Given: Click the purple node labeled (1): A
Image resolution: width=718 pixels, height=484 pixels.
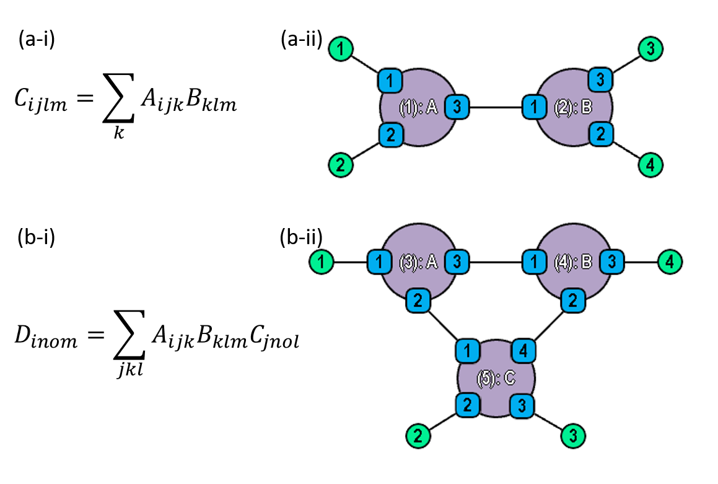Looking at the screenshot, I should pyautogui.click(x=418, y=107).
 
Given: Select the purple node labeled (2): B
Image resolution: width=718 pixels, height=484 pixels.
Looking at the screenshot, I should pyautogui.click(x=573, y=107).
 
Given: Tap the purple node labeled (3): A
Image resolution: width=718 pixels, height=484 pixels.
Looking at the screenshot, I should pyautogui.click(x=418, y=262).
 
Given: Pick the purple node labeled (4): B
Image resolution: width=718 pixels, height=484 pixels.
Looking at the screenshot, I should pyautogui.click(x=573, y=262).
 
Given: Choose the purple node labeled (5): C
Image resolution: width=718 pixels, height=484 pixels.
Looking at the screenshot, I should pyautogui.click(x=496, y=378).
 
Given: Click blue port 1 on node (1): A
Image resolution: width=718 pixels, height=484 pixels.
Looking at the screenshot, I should pyautogui.click(x=390, y=81).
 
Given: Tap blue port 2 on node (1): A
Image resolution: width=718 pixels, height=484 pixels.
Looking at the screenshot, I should pyautogui.click(x=391, y=134).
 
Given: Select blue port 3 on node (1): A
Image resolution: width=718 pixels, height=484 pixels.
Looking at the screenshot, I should pyautogui.click(x=457, y=107).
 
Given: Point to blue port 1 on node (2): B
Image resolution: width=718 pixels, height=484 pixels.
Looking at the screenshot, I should pyautogui.click(x=535, y=107).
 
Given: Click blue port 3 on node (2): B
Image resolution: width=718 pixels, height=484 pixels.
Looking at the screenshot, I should pyautogui.click(x=600, y=80).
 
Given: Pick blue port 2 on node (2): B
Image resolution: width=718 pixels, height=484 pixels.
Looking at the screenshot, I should pyautogui.click(x=600, y=134).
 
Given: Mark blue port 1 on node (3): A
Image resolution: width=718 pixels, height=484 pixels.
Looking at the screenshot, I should pyautogui.click(x=380, y=262).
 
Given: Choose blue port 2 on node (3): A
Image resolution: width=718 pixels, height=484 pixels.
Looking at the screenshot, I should pyautogui.click(x=418, y=301).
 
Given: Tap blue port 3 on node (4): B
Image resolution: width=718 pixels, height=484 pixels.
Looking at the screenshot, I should pyautogui.click(x=611, y=262).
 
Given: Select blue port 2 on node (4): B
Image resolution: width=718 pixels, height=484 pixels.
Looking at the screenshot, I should pyautogui.click(x=573, y=301).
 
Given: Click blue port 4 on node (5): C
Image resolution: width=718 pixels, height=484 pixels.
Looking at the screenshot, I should pyautogui.click(x=523, y=351).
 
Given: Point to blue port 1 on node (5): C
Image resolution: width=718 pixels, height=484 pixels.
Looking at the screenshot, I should pyautogui.click(x=468, y=351).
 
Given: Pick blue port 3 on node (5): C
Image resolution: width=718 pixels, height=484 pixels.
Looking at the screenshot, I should pyautogui.click(x=522, y=406).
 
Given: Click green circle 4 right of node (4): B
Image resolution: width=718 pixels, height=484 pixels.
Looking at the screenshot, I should pyautogui.click(x=670, y=262).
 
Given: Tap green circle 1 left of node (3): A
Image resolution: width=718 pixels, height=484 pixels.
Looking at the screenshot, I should pyautogui.click(x=322, y=262).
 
